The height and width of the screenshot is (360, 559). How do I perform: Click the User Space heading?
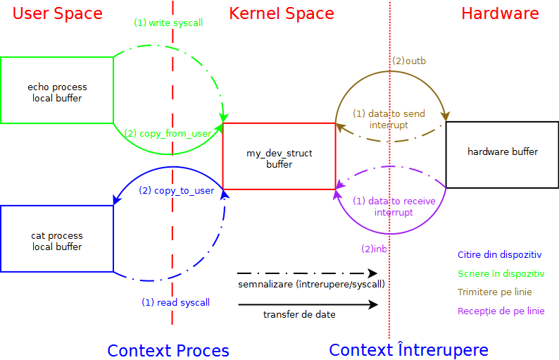point(57,13)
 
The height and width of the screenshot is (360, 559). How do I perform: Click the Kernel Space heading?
point(282,13)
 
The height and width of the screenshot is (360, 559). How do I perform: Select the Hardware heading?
point(500,13)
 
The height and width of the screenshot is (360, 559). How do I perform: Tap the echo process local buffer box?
point(57,90)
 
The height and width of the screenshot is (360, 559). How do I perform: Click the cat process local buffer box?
point(57,239)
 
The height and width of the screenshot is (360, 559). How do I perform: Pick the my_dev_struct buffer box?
point(279,156)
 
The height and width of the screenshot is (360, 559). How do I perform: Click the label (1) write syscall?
point(168,23)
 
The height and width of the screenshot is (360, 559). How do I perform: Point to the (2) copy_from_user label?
point(168,132)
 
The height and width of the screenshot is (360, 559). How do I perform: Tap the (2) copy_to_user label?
point(177,190)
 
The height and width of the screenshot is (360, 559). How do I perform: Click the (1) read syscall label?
point(175,302)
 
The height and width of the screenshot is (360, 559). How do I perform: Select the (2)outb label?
point(409,61)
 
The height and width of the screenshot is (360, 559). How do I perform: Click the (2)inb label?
point(375,249)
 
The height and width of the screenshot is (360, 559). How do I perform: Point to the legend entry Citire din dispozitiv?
point(499,254)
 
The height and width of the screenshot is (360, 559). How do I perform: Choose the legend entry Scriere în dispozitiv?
point(501,273)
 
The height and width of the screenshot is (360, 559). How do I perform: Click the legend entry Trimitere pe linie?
point(494,292)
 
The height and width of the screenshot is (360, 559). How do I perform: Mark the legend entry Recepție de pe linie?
point(501,311)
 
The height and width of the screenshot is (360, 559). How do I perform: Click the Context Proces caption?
point(168,350)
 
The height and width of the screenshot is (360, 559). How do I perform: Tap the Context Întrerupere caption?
point(408,350)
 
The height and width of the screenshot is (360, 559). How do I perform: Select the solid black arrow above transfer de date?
point(308,305)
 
